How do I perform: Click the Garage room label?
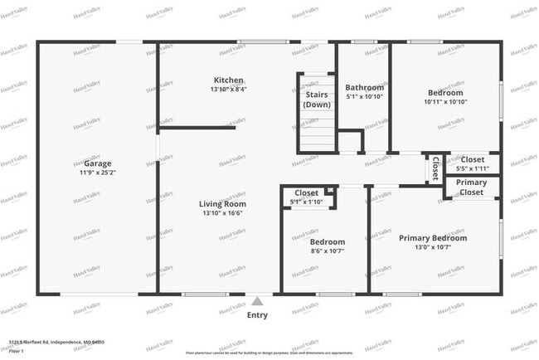[x=98, y=163]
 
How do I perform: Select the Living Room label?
[x=222, y=203]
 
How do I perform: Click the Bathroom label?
[x=365, y=87]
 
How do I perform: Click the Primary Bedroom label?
[x=433, y=238]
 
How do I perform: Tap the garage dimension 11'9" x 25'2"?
[x=98, y=173]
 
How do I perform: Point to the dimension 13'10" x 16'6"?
[x=222, y=213]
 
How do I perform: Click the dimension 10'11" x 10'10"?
[x=447, y=102]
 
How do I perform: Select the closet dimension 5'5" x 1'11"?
[x=473, y=168]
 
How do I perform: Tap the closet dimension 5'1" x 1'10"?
[x=306, y=202]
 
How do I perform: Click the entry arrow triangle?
[x=258, y=302]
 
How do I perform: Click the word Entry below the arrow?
[x=258, y=315]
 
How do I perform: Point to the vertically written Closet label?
[x=435, y=168]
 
